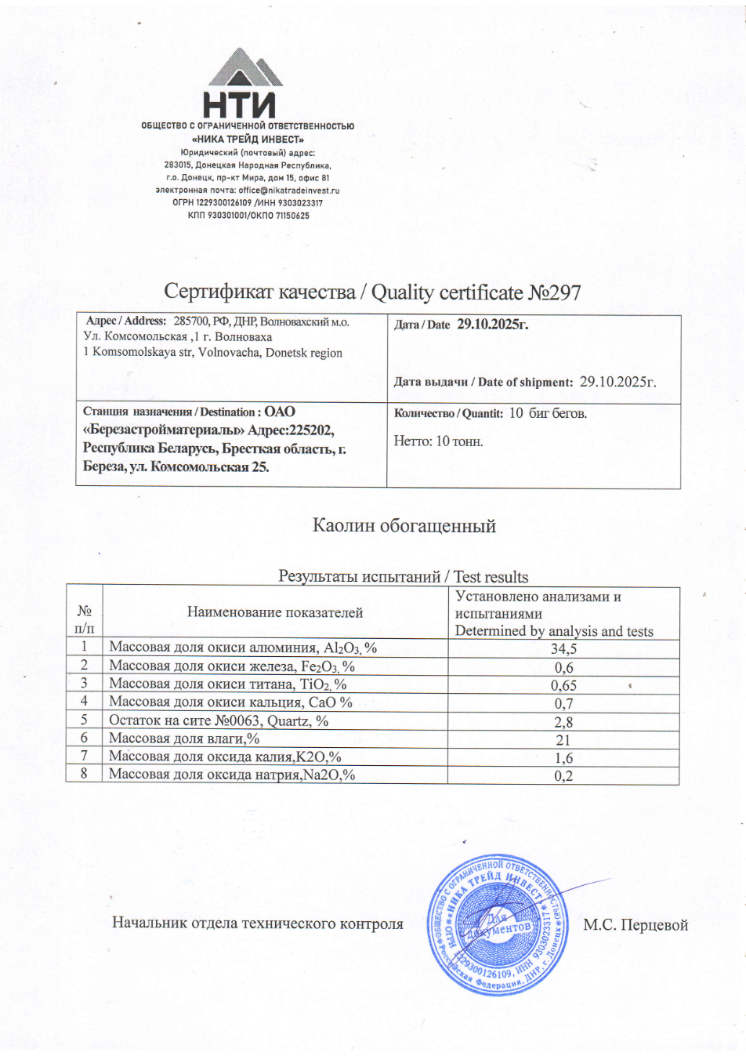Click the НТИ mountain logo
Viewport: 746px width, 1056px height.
(x=244, y=83)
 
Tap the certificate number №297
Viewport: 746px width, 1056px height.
(x=555, y=292)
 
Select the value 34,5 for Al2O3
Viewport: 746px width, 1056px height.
(x=563, y=649)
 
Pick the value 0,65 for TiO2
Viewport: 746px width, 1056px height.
(x=563, y=685)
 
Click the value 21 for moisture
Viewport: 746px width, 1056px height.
(x=563, y=740)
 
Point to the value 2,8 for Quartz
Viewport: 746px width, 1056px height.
(x=563, y=722)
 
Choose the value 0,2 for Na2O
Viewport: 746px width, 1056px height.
(x=563, y=776)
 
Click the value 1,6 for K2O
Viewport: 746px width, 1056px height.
(x=563, y=758)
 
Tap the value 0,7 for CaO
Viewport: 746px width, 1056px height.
(x=563, y=704)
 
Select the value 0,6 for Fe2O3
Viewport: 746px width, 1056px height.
(x=563, y=668)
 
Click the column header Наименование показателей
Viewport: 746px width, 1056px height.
(x=275, y=612)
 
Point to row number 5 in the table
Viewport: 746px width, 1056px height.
(x=84, y=720)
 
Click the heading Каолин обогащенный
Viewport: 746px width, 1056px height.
(x=404, y=525)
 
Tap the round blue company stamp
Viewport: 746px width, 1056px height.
(x=497, y=926)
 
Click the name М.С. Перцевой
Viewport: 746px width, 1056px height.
(x=636, y=925)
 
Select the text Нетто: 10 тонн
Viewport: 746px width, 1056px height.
(x=438, y=441)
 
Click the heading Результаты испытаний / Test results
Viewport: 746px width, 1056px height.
(x=404, y=577)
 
